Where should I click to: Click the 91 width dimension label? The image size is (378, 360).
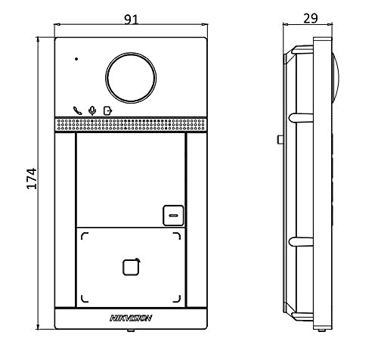point(132,20)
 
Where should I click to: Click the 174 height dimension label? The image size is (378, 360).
point(32,178)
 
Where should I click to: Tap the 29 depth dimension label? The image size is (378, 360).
point(311,18)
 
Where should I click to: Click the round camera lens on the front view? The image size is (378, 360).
point(131,78)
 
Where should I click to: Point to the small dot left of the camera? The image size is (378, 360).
point(76,59)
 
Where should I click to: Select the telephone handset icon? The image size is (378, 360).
point(77,110)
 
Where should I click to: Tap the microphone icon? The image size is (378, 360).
point(92,111)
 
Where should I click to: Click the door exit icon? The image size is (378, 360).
point(108,111)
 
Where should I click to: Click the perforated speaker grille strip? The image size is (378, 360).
point(131,125)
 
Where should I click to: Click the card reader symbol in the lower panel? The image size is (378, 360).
point(132,267)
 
